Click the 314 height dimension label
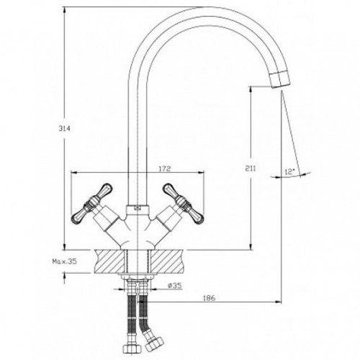click(x=65, y=129)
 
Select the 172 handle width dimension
click(x=165, y=168)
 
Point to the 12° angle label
click(x=289, y=172)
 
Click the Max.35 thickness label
click(x=65, y=261)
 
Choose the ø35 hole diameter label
click(x=175, y=285)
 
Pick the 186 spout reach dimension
click(x=210, y=298)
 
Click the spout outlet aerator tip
click(x=280, y=80)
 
